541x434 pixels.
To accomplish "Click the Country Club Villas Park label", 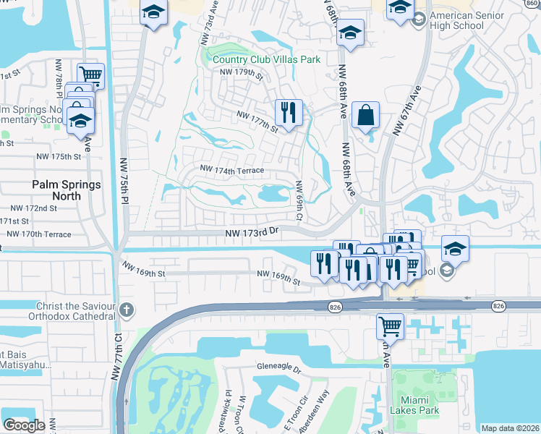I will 265,60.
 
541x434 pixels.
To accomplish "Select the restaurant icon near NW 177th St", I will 288,113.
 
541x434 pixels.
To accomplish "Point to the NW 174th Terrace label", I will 232,171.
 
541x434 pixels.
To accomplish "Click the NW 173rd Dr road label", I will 252,232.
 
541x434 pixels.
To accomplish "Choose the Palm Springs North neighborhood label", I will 67,185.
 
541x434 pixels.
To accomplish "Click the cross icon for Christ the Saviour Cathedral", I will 127,310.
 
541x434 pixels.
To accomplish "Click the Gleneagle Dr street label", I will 278,368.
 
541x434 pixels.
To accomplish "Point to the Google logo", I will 24,425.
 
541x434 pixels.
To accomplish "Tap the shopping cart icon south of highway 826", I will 390,325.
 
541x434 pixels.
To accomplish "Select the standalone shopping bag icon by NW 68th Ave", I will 366,114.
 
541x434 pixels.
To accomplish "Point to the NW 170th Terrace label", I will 39,234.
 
